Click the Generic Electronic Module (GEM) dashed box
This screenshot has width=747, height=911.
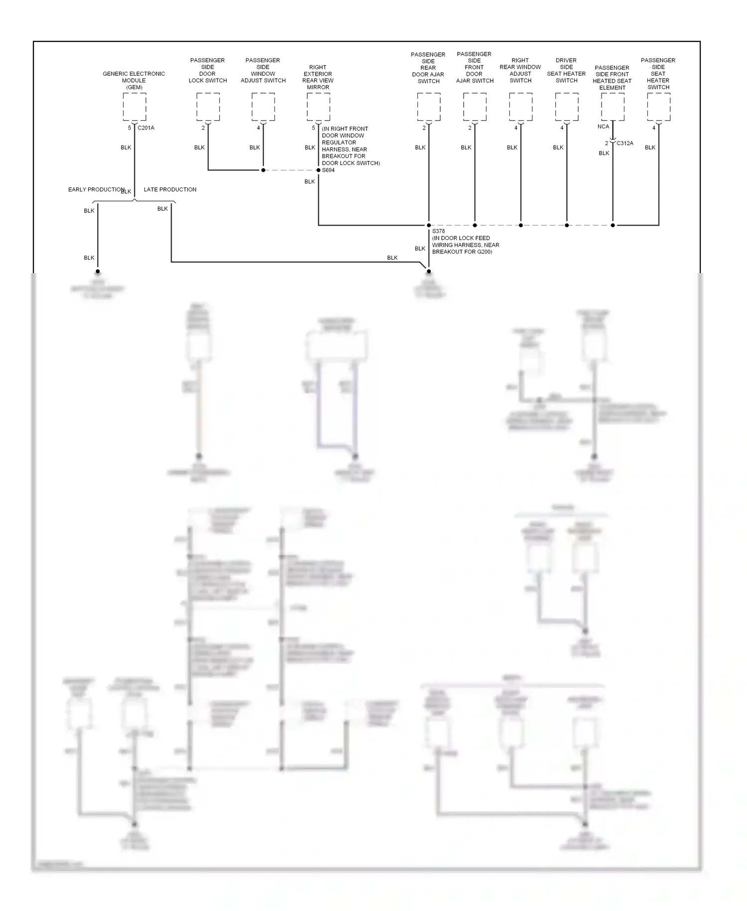[x=134, y=107]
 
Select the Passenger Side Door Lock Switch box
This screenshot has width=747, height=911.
[x=208, y=107]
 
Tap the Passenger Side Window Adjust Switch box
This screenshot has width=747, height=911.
[x=263, y=107]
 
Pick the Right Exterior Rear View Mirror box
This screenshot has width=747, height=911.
[x=318, y=107]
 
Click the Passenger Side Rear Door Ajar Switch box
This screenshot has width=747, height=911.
[x=429, y=107]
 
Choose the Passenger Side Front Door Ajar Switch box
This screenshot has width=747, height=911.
[x=475, y=107]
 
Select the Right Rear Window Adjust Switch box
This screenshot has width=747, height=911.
[x=521, y=107]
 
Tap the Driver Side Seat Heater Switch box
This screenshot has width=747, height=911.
[x=567, y=107]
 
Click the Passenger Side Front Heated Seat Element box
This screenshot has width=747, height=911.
[x=613, y=107]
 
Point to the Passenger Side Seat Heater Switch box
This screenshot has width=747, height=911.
[x=659, y=107]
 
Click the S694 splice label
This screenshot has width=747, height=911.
[x=329, y=170]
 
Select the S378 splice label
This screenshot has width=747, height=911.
[x=438, y=231]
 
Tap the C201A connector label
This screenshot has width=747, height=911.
[x=146, y=128]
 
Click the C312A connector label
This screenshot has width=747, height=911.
[x=625, y=144]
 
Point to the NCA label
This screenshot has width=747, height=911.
[x=603, y=127]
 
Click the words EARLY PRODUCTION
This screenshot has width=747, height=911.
[x=96, y=190]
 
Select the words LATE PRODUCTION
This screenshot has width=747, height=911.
[x=170, y=190]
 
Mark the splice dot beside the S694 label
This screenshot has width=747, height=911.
[x=319, y=170]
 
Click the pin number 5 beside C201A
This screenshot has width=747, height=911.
[x=129, y=128]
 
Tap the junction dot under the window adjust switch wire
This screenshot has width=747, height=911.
[x=263, y=170]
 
